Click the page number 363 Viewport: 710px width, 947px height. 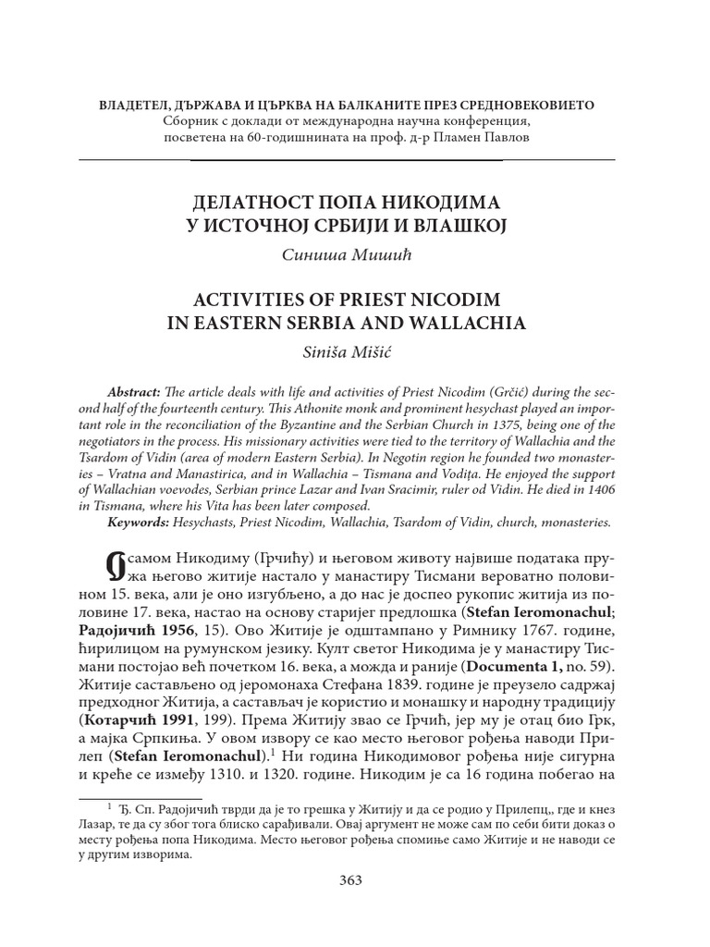coord(350,879)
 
